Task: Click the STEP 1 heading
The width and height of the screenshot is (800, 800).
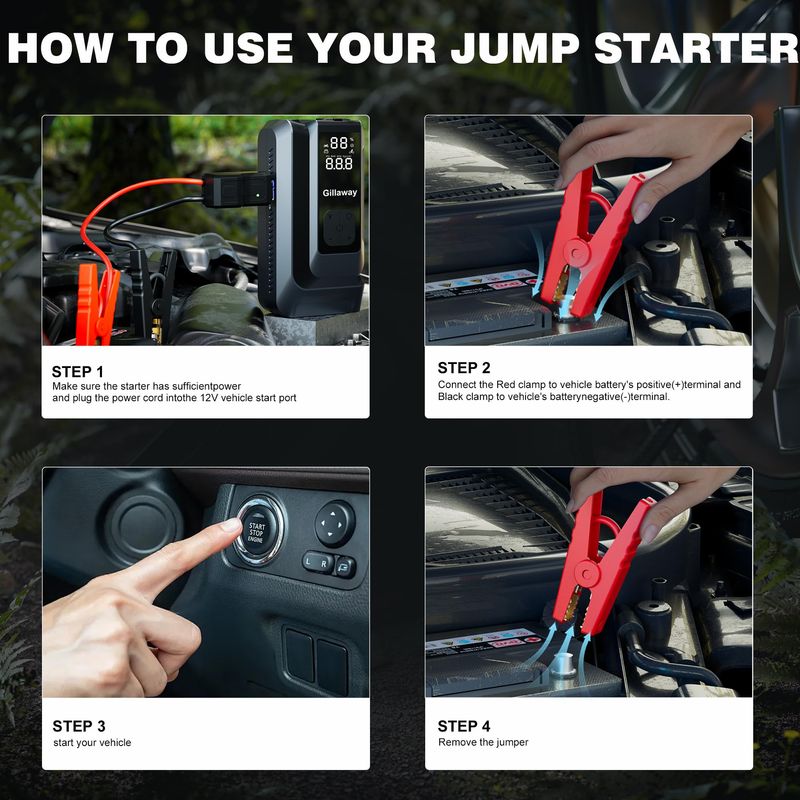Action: (78, 371)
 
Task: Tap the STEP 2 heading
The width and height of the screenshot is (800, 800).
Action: (464, 368)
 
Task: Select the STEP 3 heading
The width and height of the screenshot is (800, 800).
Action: (79, 726)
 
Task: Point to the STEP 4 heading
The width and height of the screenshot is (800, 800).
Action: (464, 726)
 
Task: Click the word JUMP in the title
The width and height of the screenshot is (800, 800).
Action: (515, 48)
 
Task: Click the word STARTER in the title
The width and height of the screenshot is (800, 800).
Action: (696, 48)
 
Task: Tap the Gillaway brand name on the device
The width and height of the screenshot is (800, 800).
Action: (340, 192)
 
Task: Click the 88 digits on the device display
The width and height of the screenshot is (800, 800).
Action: (339, 143)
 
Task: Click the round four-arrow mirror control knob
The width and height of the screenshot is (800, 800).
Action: (335, 523)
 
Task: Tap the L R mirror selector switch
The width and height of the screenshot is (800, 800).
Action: (317, 563)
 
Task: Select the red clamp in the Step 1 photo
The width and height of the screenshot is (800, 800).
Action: (96, 304)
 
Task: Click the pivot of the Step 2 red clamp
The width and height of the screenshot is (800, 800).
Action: (578, 252)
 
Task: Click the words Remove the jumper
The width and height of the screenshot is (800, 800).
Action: (483, 742)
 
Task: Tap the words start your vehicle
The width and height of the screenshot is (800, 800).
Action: (92, 743)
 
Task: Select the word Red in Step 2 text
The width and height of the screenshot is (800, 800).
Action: (505, 385)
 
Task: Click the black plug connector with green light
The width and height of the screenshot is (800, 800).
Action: (236, 190)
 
